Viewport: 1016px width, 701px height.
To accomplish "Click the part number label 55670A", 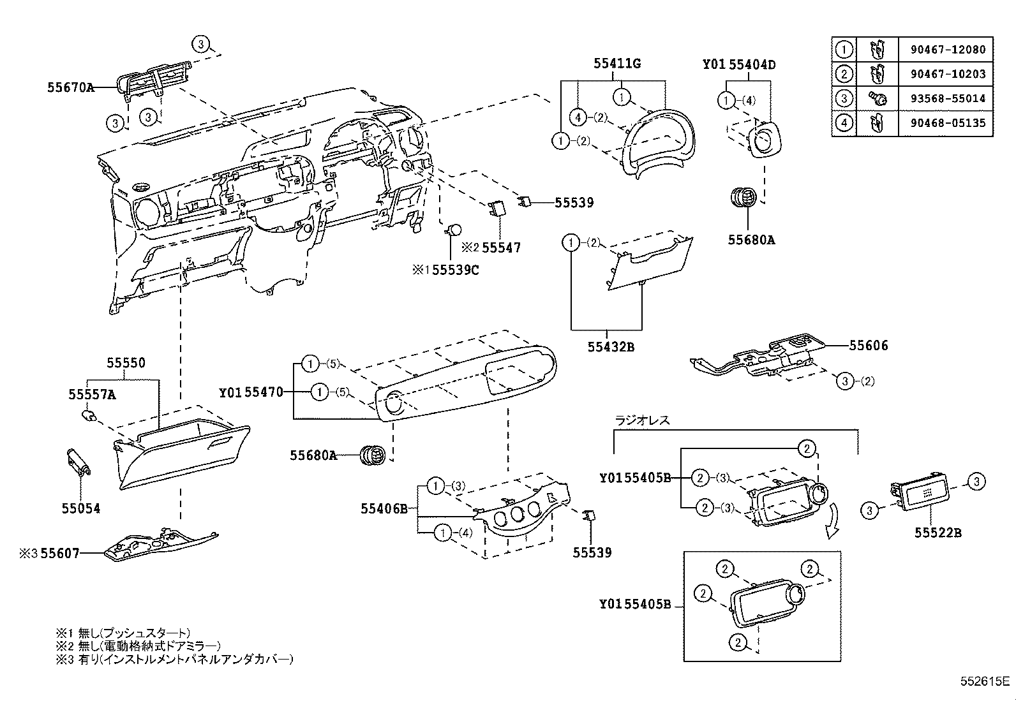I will [x=70, y=87].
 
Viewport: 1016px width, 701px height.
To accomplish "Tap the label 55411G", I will [x=616, y=64].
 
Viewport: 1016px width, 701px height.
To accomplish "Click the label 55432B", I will [x=611, y=348].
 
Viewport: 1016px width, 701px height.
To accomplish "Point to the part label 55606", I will [x=868, y=346].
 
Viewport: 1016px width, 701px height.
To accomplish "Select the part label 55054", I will [x=81, y=508].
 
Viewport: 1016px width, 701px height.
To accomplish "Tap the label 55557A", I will [x=92, y=395].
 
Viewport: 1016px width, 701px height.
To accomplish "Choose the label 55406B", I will [x=384, y=508].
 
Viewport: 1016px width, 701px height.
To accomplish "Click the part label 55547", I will [x=501, y=247].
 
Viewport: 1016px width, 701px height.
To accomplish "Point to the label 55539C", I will [x=456, y=270].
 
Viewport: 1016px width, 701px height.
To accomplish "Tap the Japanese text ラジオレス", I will [x=642, y=420].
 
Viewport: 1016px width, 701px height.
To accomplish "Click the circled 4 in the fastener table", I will [x=844, y=122].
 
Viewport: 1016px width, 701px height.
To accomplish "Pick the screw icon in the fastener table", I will [x=878, y=98].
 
